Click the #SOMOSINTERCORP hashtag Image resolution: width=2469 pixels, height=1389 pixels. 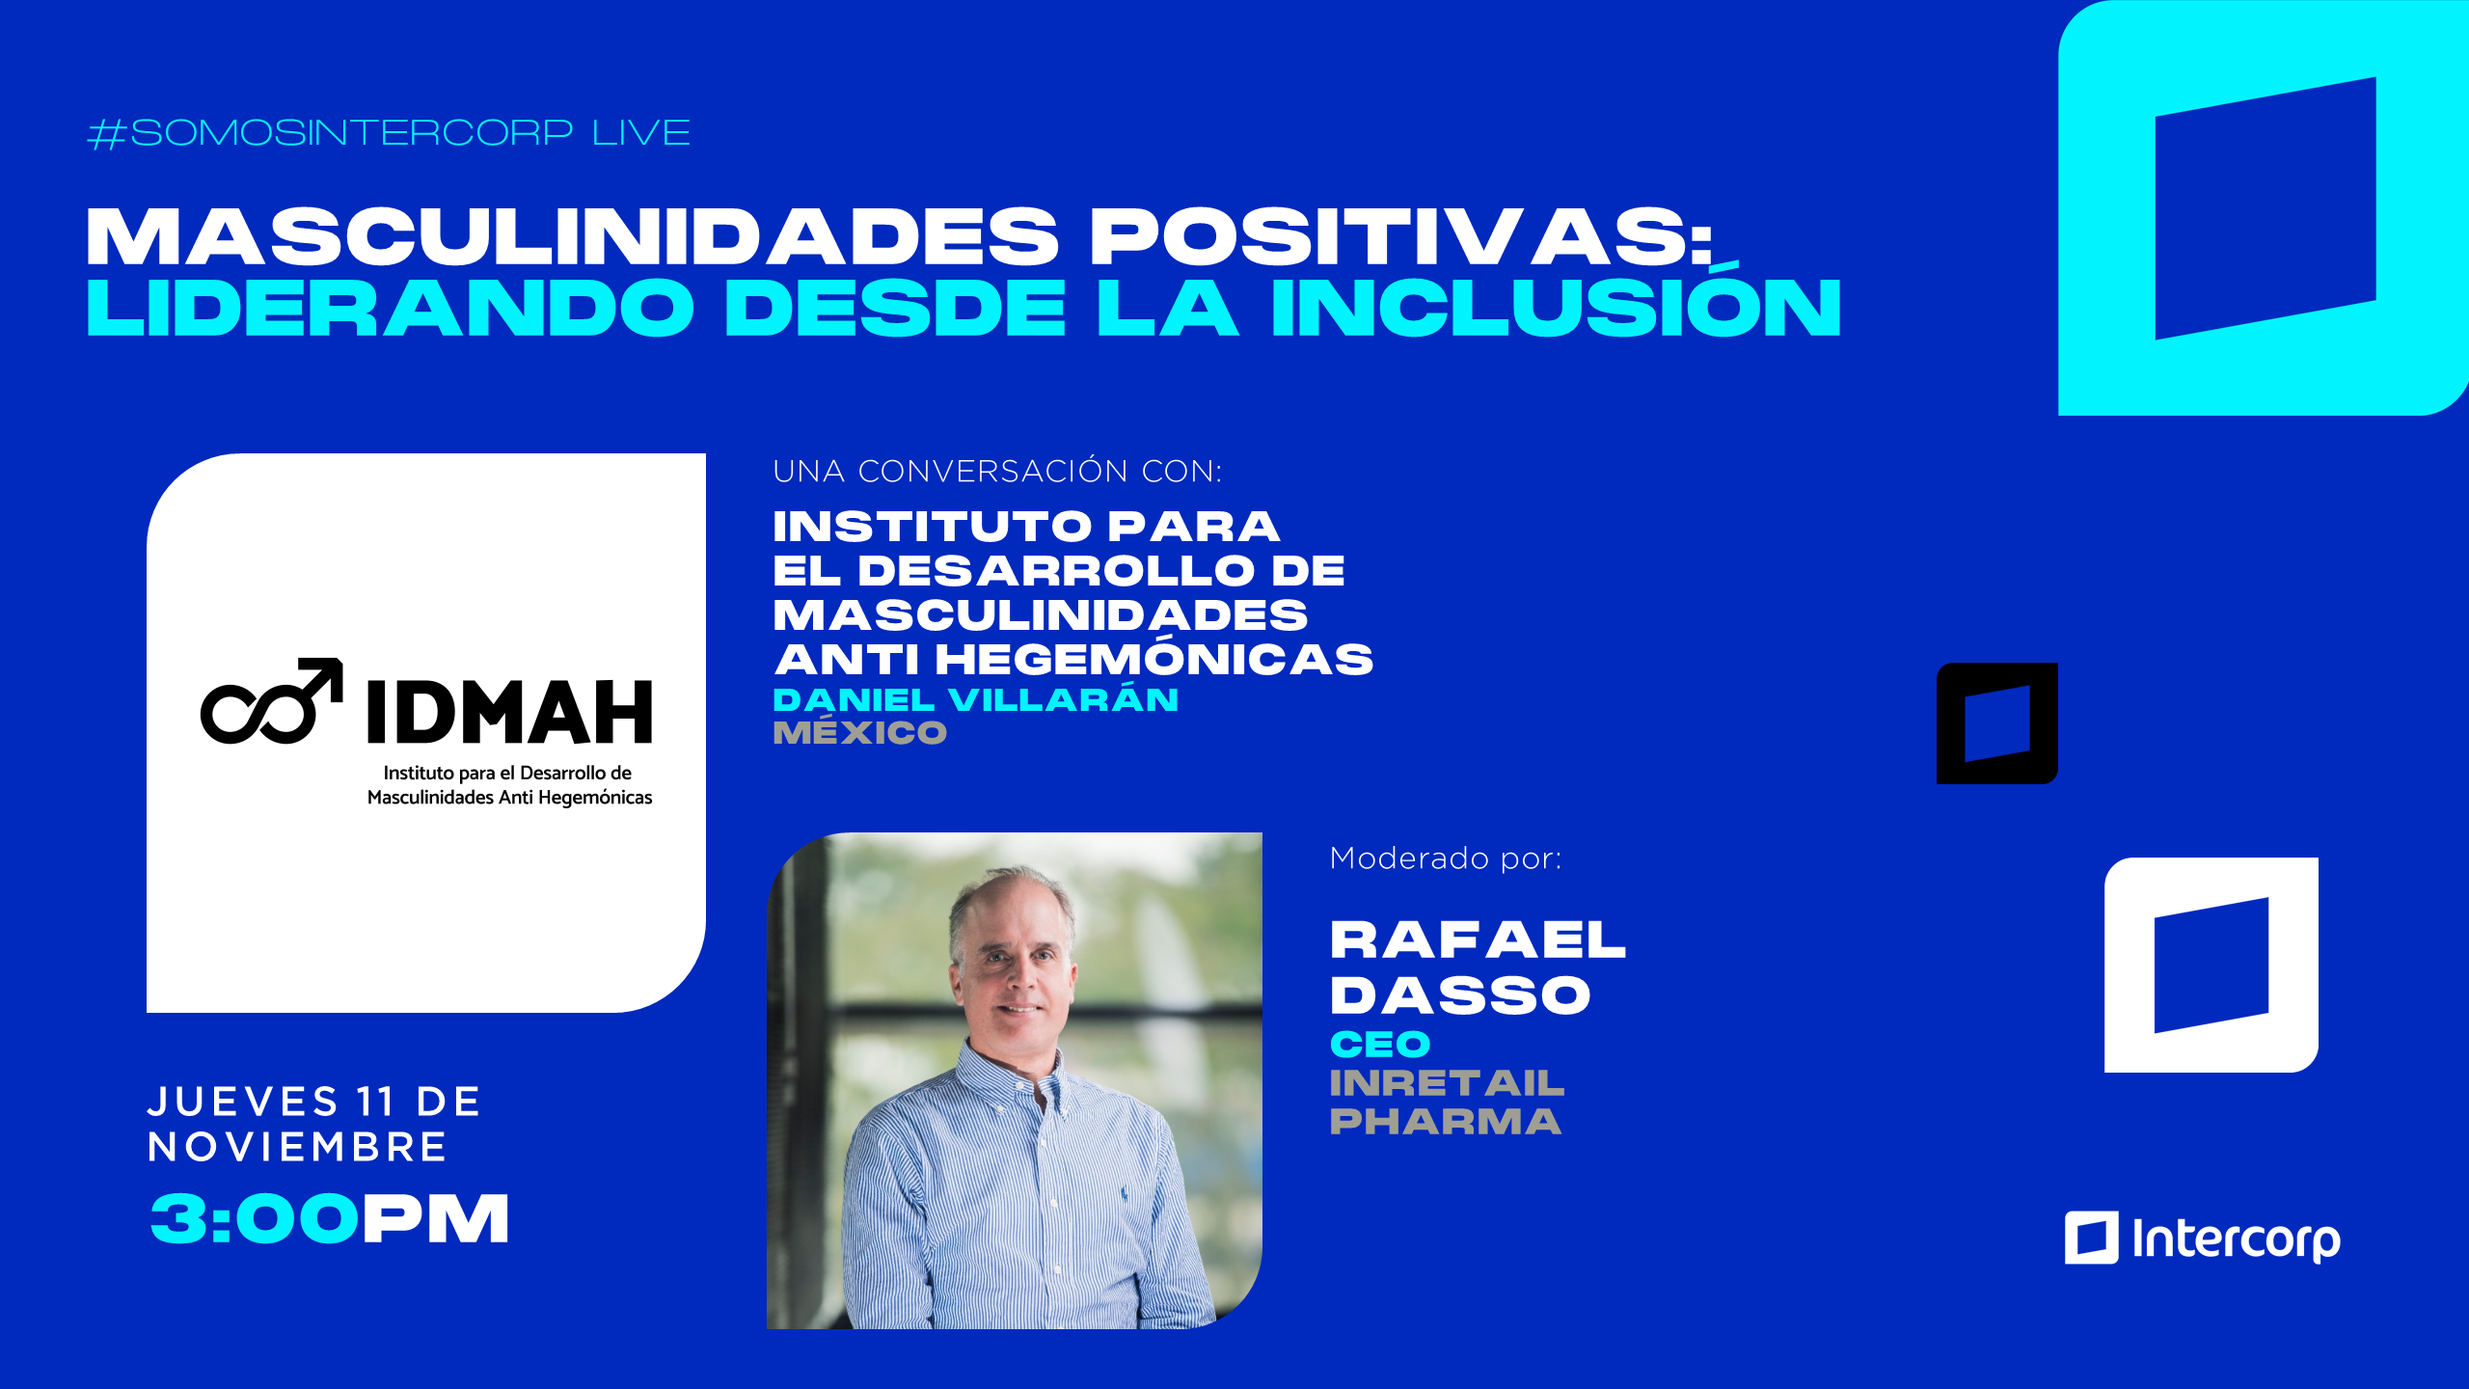pyautogui.click(x=330, y=133)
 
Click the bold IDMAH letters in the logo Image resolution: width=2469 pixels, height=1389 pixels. pyautogui.click(x=509, y=712)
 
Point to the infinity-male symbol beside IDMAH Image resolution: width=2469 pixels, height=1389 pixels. pyautogui.click(x=272, y=701)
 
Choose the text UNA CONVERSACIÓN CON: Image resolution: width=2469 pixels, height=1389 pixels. pyautogui.click(x=997, y=471)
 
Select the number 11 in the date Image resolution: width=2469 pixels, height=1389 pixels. pyautogui.click(x=375, y=1102)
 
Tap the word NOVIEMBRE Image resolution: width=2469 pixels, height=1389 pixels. pyautogui.click(x=297, y=1147)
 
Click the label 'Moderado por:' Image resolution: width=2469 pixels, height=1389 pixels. pyautogui.click(x=1446, y=858)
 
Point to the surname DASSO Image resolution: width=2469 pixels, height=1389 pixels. pyautogui.click(x=1460, y=995)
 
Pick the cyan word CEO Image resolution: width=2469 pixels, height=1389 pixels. pyautogui.click(x=1380, y=1044)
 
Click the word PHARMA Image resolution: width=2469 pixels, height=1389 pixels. pyautogui.click(x=1446, y=1121)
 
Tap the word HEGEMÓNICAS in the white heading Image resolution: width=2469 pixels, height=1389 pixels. pyautogui.click(x=1153, y=659)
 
